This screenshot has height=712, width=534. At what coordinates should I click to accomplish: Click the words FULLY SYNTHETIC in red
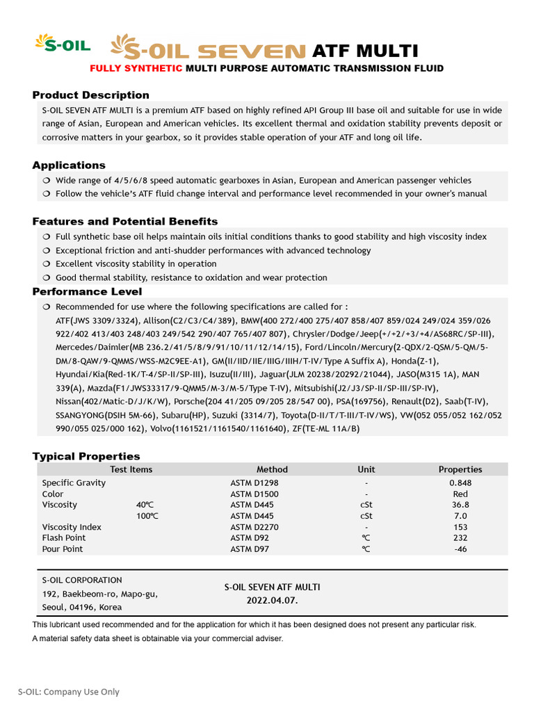136,68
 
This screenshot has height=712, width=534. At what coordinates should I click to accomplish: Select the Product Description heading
90,95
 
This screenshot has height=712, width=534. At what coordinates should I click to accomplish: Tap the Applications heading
69,165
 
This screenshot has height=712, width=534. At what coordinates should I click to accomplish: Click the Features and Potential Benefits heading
124,221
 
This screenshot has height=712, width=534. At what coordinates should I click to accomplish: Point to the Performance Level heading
87,291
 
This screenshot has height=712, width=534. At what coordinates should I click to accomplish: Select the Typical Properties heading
86,456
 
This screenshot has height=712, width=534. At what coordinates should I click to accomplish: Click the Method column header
272,469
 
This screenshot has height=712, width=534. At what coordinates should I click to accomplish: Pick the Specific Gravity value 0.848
460,483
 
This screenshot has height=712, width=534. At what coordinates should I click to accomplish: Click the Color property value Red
460,494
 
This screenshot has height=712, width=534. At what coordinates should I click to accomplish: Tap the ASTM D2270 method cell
254,527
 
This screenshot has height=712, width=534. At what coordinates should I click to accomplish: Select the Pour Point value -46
460,549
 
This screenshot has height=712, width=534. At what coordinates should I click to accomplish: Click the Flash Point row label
64,537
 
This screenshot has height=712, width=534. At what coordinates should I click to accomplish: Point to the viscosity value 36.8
460,505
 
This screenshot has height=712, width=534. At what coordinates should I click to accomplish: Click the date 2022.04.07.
272,600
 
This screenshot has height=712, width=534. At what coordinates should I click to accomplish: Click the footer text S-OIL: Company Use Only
69,692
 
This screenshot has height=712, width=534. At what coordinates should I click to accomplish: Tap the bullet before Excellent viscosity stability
46,264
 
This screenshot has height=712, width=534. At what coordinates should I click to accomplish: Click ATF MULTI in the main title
365,51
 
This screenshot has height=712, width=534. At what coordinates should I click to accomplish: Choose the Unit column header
366,469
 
